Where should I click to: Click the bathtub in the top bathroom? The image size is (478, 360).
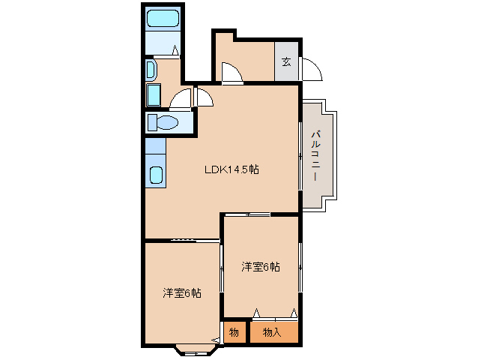(163, 18)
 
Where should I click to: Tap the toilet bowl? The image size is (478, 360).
(167, 123)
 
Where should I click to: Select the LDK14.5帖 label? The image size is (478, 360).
(232, 169)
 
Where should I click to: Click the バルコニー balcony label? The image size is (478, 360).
(316, 155)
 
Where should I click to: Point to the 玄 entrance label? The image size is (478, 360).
(286, 62)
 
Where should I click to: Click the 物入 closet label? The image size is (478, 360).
(272, 332)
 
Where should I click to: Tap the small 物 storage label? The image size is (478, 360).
(234, 332)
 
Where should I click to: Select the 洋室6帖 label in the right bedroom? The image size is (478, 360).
(261, 267)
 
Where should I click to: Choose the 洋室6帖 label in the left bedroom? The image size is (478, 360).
(182, 293)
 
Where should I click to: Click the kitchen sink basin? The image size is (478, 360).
(156, 175)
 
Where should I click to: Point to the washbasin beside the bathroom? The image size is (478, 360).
(151, 70)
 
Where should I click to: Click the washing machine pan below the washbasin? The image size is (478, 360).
(154, 95)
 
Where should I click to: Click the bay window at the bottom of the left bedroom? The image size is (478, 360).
(197, 351)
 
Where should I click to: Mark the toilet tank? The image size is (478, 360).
(152, 123)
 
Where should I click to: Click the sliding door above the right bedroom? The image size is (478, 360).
(247, 214)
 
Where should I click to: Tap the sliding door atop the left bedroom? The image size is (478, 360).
(195, 241)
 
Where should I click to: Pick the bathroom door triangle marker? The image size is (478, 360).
(175, 50)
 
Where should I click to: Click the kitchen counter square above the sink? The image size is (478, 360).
(156, 145)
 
